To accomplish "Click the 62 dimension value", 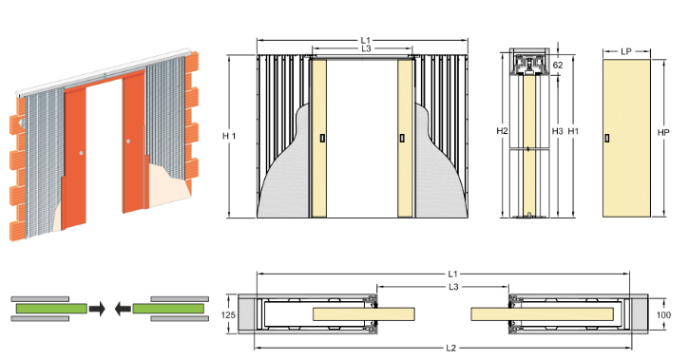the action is point(558,65).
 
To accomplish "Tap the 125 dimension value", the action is point(228,314).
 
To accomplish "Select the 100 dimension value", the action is point(663,314).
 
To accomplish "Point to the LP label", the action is point(626,51).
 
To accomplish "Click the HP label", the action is point(663,132).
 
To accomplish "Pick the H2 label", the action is point(502,131).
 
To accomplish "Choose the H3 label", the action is point(557,131).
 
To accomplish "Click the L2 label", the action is point(450,349).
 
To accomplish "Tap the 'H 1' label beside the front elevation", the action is point(229,136).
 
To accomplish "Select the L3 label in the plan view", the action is point(453,287).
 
